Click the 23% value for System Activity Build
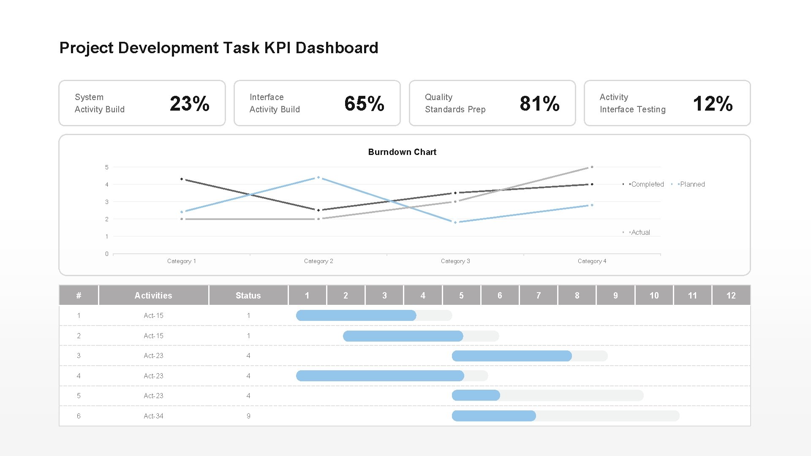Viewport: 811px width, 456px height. (189, 103)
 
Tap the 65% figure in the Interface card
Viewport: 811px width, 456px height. (364, 103)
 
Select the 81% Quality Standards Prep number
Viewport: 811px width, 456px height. (539, 103)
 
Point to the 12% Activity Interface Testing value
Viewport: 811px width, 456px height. (713, 103)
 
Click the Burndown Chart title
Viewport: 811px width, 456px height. (402, 152)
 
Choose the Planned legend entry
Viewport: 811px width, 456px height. (692, 185)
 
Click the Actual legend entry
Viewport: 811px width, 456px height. (640, 232)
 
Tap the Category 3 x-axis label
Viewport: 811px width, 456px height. (455, 261)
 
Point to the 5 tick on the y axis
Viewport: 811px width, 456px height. (107, 168)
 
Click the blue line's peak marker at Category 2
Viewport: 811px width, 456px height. (318, 177)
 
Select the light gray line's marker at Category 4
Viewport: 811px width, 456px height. (592, 167)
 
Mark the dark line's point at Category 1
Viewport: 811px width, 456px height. (182, 179)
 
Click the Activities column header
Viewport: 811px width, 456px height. (153, 296)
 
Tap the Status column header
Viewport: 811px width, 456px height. (248, 296)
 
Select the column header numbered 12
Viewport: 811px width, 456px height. (731, 296)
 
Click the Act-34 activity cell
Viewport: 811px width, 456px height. (153, 416)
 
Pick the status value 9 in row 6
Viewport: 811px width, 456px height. (248, 416)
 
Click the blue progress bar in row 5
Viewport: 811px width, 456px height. (476, 396)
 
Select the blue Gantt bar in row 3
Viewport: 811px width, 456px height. (512, 356)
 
